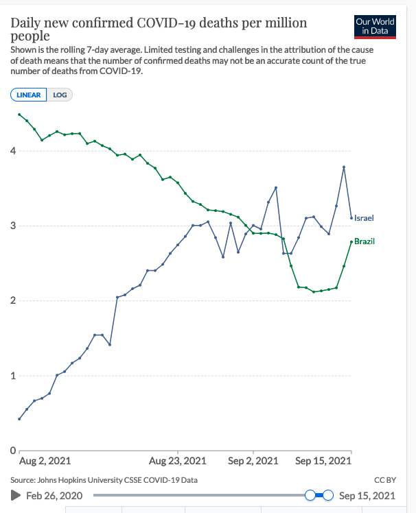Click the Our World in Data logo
(x=375, y=27)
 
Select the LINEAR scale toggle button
(x=29, y=95)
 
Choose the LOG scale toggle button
(x=60, y=95)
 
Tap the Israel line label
(x=364, y=218)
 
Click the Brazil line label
(x=364, y=241)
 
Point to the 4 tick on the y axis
(x=13, y=151)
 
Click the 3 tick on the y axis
(x=13, y=226)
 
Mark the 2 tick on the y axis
(x=13, y=300)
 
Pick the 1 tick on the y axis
(x=13, y=376)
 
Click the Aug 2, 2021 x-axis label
(x=45, y=462)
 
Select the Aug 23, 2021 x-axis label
(x=177, y=462)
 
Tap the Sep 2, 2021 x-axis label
(x=254, y=462)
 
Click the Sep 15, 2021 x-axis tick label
(x=323, y=462)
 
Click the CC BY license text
(x=384, y=480)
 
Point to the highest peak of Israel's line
(x=344, y=167)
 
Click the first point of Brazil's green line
(x=19, y=115)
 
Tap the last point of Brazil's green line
(x=351, y=241)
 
